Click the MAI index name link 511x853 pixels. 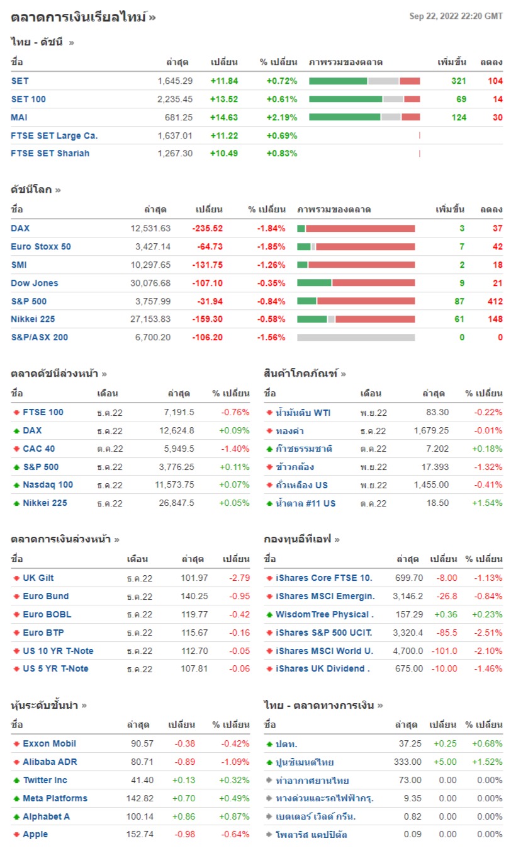(20, 117)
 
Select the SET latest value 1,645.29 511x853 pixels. (175, 81)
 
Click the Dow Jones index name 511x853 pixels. (35, 283)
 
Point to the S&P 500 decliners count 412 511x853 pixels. (494, 301)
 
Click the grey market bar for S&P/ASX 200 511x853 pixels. (356, 338)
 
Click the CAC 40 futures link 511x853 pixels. (39, 449)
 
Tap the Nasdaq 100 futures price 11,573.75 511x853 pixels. (170, 485)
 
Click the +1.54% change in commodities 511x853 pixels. (488, 503)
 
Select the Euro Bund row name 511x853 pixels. (46, 596)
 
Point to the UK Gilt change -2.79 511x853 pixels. (237, 578)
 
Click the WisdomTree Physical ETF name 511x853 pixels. (325, 614)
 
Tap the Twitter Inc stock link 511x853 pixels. (45, 780)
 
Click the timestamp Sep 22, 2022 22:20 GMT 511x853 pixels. (456, 16)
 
